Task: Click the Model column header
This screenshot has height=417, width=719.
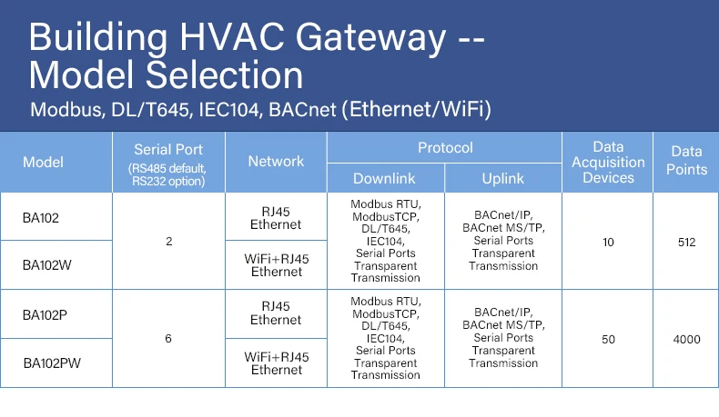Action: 43,162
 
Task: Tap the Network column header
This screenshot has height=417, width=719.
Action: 276,161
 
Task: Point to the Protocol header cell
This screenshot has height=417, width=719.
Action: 445,147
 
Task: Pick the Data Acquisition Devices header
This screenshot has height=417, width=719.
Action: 608,162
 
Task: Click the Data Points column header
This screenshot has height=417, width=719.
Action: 687,161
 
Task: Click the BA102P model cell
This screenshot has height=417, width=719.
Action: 45,314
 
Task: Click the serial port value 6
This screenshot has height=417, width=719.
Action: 168,339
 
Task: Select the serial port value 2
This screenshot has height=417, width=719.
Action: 168,243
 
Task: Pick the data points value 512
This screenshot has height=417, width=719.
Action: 686,243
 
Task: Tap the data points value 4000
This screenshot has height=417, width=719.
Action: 686,339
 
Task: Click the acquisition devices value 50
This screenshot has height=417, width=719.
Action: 608,339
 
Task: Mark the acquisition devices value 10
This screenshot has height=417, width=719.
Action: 608,243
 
